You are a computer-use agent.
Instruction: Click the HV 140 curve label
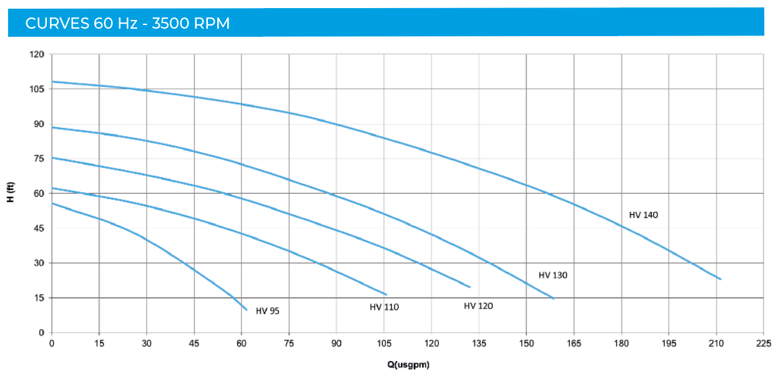[x=644, y=215]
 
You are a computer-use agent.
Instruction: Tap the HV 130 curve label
[x=553, y=275]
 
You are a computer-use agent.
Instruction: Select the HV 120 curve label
[x=478, y=306]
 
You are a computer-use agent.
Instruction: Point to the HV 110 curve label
[x=384, y=307]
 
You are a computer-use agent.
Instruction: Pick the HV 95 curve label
[x=268, y=311]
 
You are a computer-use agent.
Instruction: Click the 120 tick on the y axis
[x=37, y=54]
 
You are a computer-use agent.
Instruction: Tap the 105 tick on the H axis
[x=37, y=89]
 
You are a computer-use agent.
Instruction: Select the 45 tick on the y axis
[x=39, y=228]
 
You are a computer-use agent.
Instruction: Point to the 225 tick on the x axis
[x=764, y=343]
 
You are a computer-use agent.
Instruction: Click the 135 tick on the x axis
[x=479, y=343]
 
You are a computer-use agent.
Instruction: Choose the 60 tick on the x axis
[x=242, y=343]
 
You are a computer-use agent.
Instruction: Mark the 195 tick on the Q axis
[x=669, y=343]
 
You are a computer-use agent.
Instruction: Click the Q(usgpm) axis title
[x=407, y=364]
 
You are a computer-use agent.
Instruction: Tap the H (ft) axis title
[x=10, y=193]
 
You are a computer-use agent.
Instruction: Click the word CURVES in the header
[x=57, y=24]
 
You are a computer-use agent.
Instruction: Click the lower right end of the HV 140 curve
[x=720, y=279]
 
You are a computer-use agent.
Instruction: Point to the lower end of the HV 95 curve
[x=247, y=309]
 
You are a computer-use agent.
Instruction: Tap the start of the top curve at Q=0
[x=52, y=82]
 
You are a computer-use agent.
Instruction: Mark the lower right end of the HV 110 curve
[x=386, y=294]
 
